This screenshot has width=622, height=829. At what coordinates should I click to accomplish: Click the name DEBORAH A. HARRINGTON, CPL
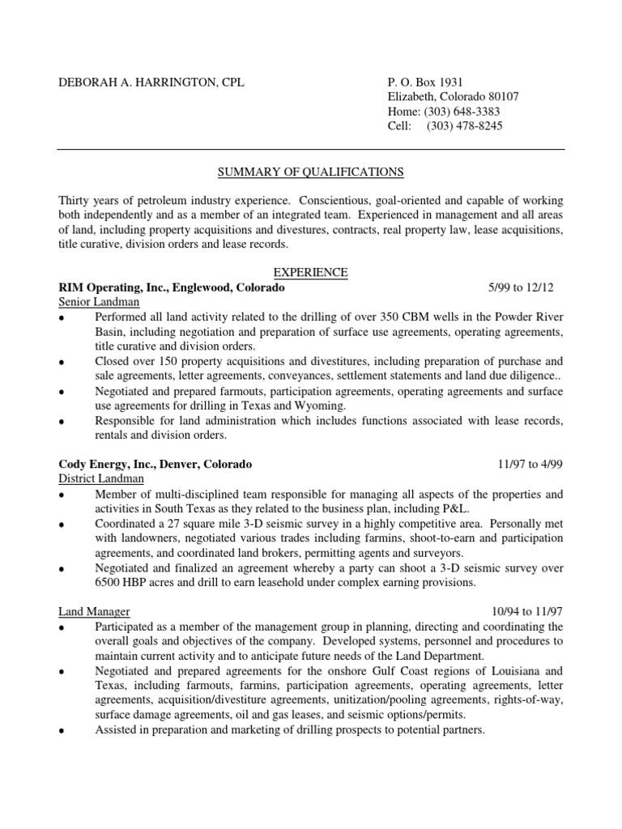(x=151, y=83)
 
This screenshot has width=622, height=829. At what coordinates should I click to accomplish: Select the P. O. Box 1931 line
(x=425, y=83)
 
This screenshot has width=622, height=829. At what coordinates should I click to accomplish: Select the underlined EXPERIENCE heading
(x=311, y=273)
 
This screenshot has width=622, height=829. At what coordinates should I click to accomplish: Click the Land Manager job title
(x=94, y=611)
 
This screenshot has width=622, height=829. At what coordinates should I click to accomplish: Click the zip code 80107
(x=502, y=97)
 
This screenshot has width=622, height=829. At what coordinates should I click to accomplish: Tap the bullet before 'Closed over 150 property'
(x=62, y=363)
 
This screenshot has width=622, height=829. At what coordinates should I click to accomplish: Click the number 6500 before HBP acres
(x=109, y=582)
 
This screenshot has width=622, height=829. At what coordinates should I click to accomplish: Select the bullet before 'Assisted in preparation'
(x=62, y=731)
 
